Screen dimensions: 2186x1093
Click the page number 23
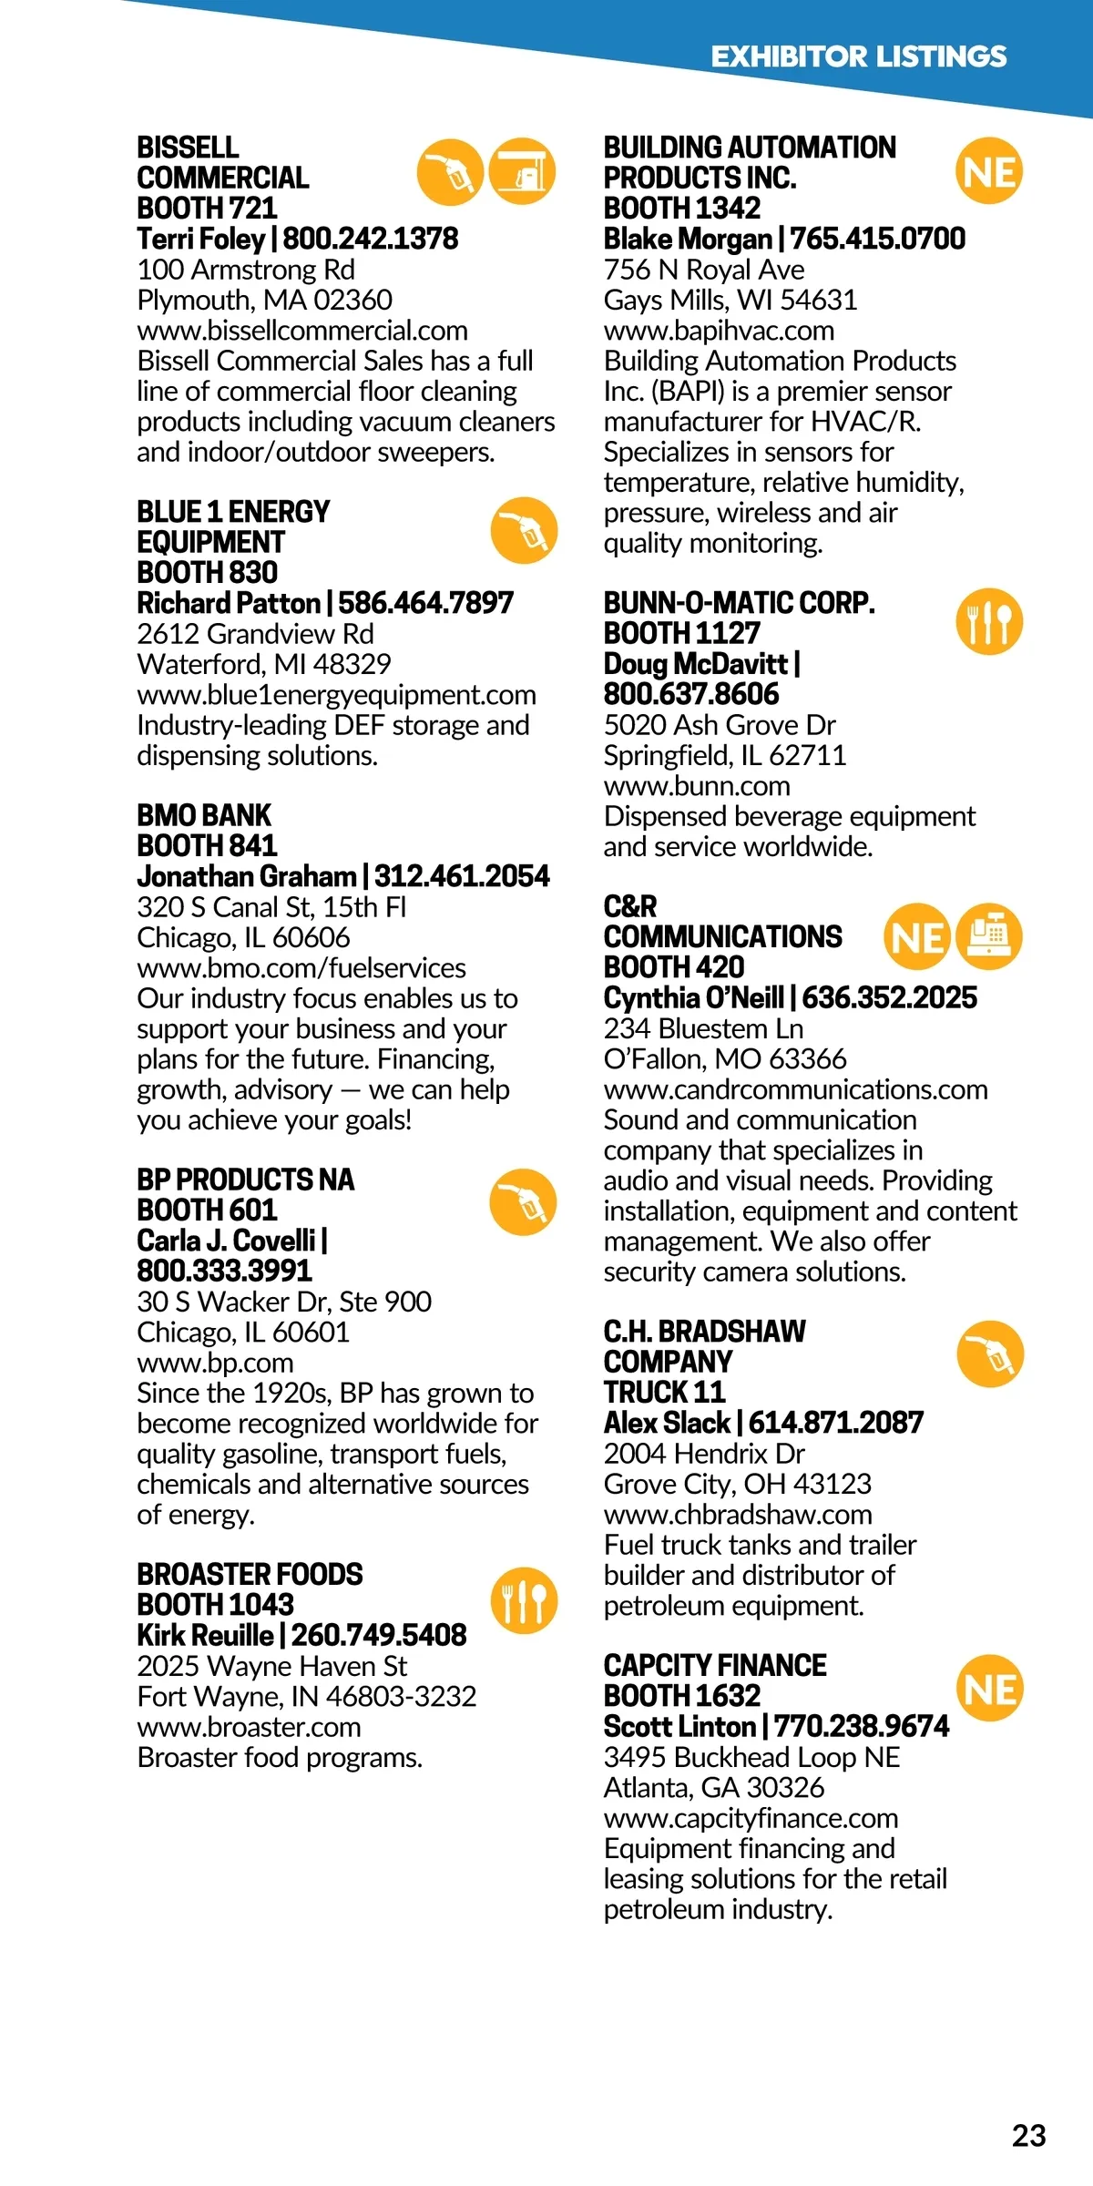point(1028,2136)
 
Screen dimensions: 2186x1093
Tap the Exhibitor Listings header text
point(858,56)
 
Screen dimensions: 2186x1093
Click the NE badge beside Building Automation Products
point(989,171)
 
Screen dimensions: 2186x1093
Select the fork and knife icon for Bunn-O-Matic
point(989,622)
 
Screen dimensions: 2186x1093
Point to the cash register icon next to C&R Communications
point(989,935)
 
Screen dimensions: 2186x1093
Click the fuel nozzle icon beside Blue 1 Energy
point(524,530)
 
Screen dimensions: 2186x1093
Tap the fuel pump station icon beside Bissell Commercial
point(523,171)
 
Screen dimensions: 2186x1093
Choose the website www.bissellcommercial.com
point(302,331)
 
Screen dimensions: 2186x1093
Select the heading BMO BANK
point(204,815)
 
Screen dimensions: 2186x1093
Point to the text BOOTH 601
point(207,1210)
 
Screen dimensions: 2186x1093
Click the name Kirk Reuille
point(205,1635)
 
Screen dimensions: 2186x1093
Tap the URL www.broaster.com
point(249,1727)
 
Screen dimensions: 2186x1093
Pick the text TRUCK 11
point(664,1392)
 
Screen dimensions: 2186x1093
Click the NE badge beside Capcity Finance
point(989,1689)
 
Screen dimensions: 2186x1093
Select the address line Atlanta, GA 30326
point(714,1788)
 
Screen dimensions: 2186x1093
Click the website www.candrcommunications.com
point(795,1089)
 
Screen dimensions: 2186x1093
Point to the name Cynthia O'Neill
point(693,998)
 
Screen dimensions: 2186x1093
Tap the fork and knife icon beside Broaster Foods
point(524,1600)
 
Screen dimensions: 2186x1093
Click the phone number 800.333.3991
point(224,1271)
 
